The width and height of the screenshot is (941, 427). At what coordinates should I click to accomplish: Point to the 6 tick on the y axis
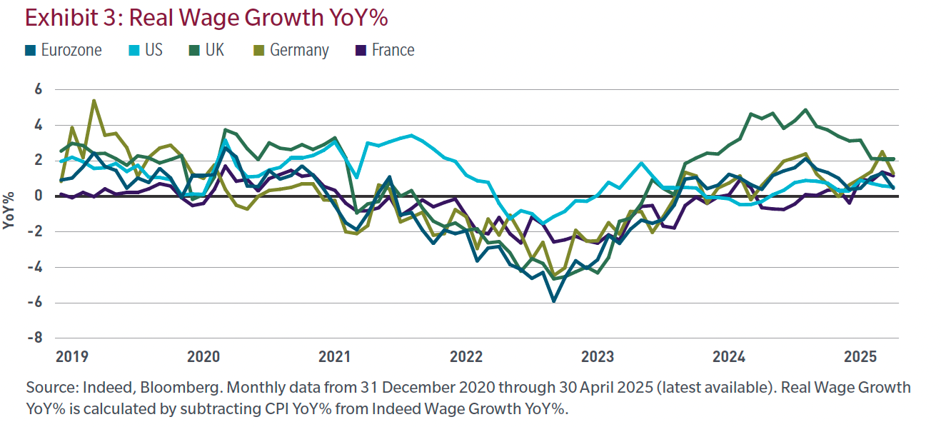click(x=39, y=90)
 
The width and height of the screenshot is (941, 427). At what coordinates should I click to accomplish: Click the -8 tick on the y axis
click(x=36, y=338)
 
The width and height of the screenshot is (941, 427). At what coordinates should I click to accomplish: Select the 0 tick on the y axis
click(x=39, y=196)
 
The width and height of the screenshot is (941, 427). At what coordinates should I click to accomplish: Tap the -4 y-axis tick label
click(x=36, y=267)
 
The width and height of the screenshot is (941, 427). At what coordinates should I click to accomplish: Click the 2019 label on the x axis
click(x=71, y=356)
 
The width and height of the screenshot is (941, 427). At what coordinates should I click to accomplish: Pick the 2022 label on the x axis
click(x=467, y=356)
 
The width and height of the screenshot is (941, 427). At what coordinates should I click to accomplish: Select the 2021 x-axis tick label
click(x=335, y=356)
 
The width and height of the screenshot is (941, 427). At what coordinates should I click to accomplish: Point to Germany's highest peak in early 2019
click(x=94, y=101)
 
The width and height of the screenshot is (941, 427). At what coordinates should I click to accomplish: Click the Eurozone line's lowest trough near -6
click(x=553, y=301)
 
